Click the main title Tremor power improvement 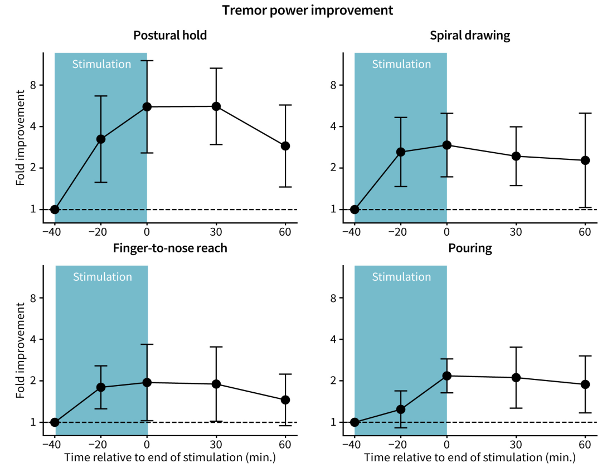click(308, 10)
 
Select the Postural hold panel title click(170, 36)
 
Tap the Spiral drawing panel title click(470, 36)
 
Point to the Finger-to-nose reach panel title click(170, 248)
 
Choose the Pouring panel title click(470, 248)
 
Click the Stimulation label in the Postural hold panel click(101, 64)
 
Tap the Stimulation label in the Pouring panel click(401, 277)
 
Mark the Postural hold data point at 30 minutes click(216, 106)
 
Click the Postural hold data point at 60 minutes click(285, 146)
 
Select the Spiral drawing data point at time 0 click(447, 145)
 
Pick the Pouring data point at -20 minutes click(401, 409)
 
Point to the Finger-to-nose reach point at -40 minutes click(55, 422)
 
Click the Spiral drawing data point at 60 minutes click(585, 160)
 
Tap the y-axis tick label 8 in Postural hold click(33, 85)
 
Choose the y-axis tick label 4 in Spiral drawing click(333, 126)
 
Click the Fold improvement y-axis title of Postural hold click(20, 143)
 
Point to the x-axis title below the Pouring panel click(469, 458)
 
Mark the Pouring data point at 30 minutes click(516, 378)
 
